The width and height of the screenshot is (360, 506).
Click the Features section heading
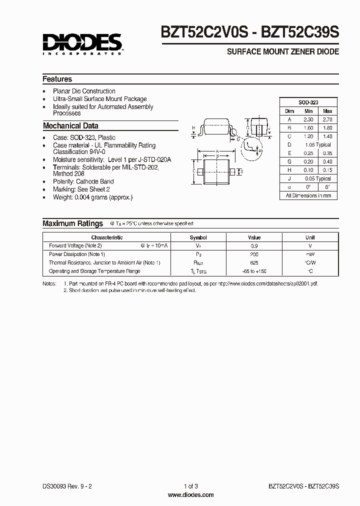point(57,79)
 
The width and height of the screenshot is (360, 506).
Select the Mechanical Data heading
point(70,126)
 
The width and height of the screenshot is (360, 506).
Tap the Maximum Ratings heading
point(72,223)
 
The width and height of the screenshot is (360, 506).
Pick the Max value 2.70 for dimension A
point(327,119)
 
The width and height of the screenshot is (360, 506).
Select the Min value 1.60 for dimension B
point(308,128)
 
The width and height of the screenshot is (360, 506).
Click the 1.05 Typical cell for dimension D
point(317,145)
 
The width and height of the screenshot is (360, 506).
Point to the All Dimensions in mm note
point(308,195)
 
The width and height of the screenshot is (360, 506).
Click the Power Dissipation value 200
point(254,254)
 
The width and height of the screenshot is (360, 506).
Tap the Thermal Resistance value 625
point(254,263)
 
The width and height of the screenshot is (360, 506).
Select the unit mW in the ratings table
point(310,254)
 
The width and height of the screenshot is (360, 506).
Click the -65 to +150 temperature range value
point(254,271)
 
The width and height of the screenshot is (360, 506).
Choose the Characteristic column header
point(107,237)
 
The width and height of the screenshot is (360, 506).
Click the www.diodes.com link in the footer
point(190,495)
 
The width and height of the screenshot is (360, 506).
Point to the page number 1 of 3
point(190,486)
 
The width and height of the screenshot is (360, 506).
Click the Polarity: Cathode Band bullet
point(83,181)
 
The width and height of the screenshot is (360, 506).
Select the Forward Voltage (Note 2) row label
point(75,246)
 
